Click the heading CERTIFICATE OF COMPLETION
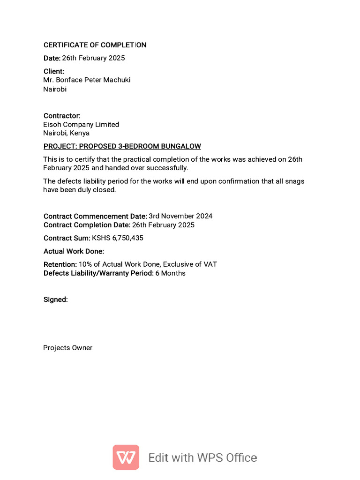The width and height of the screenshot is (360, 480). pyautogui.click(x=95, y=45)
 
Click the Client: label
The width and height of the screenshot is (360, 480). pyautogui.click(x=54, y=71)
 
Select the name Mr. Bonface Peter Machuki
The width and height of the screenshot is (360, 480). pyautogui.click(x=87, y=80)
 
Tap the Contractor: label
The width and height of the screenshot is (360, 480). pyautogui.click(x=62, y=116)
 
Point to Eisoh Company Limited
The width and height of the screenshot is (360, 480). pyautogui.click(x=81, y=125)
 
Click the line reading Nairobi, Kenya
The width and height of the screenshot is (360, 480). pyautogui.click(x=66, y=133)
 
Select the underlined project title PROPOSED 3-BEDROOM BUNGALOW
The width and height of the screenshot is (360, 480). pyautogui.click(x=122, y=146)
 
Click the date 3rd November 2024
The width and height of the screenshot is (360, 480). pyautogui.click(x=180, y=216)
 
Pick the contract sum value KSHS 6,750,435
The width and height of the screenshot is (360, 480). pyautogui.click(x=118, y=238)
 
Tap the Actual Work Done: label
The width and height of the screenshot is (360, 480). pyautogui.click(x=74, y=251)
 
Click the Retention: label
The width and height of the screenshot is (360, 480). pyautogui.click(x=60, y=264)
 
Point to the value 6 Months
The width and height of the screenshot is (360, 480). pyautogui.click(x=170, y=273)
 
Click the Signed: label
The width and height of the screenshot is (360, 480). pyautogui.click(x=56, y=300)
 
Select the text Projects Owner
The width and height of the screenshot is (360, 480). pyautogui.click(x=68, y=348)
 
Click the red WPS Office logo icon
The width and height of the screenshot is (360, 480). pyautogui.click(x=126, y=457)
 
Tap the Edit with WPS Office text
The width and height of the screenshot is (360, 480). pyautogui.click(x=202, y=457)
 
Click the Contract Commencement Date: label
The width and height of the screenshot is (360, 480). pyautogui.click(x=95, y=216)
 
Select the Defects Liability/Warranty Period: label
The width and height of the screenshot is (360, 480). pyautogui.click(x=98, y=273)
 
